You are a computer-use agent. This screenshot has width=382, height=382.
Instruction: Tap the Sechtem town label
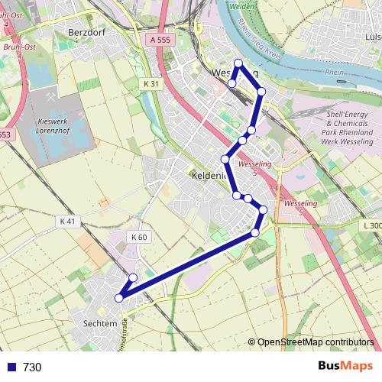(98, 324)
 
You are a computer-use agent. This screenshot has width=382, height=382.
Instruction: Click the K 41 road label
(69, 221)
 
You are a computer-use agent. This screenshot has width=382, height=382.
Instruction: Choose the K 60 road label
(138, 237)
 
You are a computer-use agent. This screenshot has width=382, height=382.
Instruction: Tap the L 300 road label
(372, 225)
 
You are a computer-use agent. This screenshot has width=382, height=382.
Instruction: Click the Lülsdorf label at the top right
(373, 36)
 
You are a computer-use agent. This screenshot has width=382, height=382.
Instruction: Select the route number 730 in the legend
(32, 367)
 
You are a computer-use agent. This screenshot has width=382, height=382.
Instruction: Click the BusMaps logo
(345, 367)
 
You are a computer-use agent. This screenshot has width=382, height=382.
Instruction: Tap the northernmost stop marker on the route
(238, 63)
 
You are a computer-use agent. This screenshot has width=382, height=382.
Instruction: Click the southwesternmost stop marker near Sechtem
(118, 298)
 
